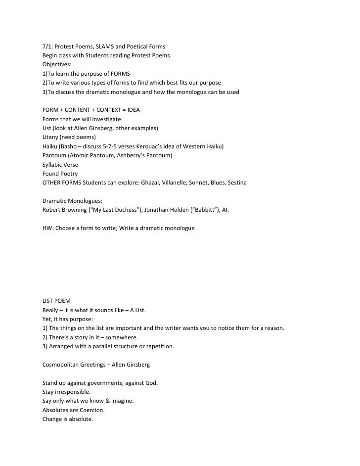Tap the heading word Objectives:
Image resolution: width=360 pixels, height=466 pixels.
pos(57,64)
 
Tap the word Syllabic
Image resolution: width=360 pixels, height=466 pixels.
pos(54,165)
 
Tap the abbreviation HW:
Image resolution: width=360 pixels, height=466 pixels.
pos(49,228)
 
